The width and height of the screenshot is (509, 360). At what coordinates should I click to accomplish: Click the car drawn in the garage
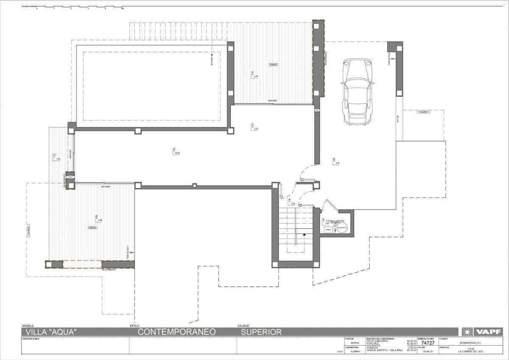(357, 92)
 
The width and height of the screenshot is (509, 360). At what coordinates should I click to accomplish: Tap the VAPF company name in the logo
(488, 332)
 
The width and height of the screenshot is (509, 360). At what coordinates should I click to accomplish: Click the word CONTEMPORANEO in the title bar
(177, 332)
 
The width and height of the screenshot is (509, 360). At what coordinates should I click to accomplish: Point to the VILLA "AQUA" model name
(51, 332)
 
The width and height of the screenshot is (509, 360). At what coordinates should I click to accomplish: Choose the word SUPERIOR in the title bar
(261, 332)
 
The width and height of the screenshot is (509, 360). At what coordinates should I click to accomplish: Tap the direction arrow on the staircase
(304, 230)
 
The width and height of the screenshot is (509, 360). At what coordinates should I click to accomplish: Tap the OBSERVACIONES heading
(30, 339)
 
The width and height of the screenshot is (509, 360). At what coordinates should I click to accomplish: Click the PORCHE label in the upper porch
(273, 65)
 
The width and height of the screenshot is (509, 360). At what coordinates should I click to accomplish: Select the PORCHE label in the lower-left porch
(92, 228)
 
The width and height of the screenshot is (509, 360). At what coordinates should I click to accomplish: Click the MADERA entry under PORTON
(350, 343)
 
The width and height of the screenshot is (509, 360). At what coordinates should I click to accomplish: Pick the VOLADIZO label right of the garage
(422, 112)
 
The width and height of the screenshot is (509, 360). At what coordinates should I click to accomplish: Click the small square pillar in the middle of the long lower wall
(194, 185)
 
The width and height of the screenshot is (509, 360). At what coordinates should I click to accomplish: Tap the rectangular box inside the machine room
(328, 230)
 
